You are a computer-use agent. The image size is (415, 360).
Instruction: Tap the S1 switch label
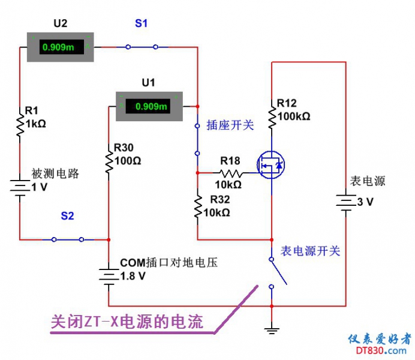pyautogui.click(x=141, y=23)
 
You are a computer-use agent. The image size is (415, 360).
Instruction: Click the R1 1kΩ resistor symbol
pyautogui.click(x=20, y=127)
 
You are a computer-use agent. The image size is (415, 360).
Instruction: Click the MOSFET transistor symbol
pyautogui.click(x=270, y=164)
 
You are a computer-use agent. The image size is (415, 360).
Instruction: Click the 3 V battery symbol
pyautogui.click(x=346, y=202)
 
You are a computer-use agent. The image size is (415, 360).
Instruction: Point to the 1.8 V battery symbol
pyautogui.click(x=109, y=275)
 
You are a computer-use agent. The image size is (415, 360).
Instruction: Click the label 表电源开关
pyautogui.click(x=311, y=251)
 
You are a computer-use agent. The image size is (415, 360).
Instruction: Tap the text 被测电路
pyautogui.click(x=55, y=174)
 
